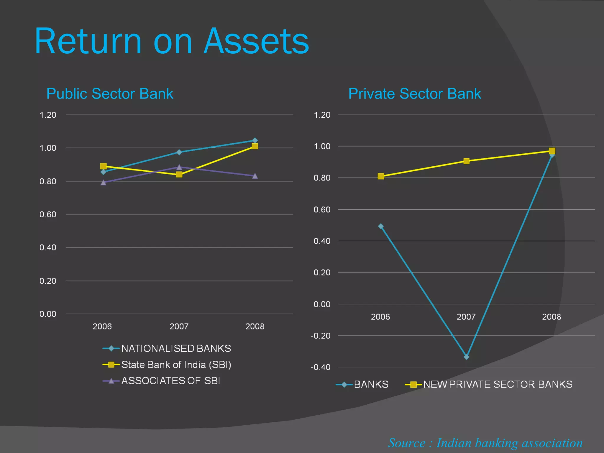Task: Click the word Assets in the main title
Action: point(256,41)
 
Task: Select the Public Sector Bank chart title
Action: point(110,94)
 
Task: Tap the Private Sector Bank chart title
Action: point(415,94)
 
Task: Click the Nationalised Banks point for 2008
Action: point(255,140)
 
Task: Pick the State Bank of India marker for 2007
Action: point(179,174)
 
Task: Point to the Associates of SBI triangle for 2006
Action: point(104,183)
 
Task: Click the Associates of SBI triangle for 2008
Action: point(255,176)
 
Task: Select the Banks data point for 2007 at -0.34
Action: point(466,357)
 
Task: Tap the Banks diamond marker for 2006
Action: point(381,226)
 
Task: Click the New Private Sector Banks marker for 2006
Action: point(381,176)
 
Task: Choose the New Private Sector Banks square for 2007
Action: point(466,161)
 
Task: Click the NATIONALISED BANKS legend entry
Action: point(176,349)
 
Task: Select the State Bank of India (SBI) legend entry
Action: point(176,365)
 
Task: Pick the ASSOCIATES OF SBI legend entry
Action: point(170,381)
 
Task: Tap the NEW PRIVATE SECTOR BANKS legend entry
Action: point(498,384)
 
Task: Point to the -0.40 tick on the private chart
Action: point(321,367)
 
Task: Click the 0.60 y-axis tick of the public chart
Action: point(48,214)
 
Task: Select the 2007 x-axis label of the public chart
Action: point(179,326)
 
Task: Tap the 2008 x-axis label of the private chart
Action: point(552,317)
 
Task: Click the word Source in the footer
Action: point(407,443)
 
